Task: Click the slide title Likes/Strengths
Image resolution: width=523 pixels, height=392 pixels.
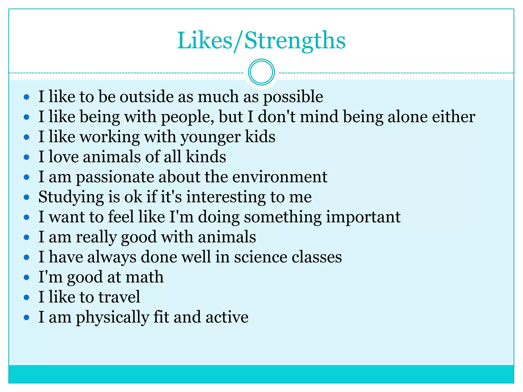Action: pyautogui.click(x=261, y=41)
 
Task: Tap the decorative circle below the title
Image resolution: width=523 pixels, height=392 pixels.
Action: pyautogui.click(x=261, y=72)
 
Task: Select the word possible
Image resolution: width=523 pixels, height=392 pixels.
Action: pyautogui.click(x=293, y=97)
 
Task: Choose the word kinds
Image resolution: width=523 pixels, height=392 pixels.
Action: pyautogui.click(x=206, y=157)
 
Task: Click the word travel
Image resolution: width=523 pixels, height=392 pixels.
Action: pyautogui.click(x=119, y=297)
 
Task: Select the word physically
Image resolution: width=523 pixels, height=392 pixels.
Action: pyautogui.click(x=112, y=317)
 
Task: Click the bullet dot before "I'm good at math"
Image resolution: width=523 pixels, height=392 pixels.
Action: pyautogui.click(x=26, y=277)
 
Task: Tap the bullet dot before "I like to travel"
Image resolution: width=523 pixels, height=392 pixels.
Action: pyautogui.click(x=26, y=297)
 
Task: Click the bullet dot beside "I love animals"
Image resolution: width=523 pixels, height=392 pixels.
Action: pyautogui.click(x=26, y=157)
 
